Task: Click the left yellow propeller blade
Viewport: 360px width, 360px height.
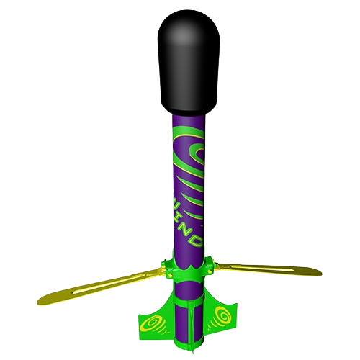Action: pos(101,284)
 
